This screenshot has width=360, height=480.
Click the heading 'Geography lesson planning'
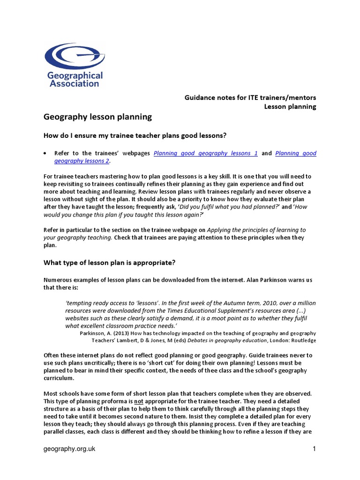click(x=98, y=117)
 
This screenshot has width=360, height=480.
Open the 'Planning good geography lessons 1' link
click(x=206, y=153)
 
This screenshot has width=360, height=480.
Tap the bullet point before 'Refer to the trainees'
click(x=45, y=153)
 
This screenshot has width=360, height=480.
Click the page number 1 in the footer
click(x=315, y=449)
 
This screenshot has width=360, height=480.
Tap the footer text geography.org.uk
click(x=69, y=449)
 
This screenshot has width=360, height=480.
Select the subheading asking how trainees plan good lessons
click(x=135, y=136)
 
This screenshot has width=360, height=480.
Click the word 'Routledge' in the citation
click(x=303, y=340)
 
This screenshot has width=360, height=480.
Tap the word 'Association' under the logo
click(x=74, y=83)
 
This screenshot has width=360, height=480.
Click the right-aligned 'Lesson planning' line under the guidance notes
click(x=290, y=106)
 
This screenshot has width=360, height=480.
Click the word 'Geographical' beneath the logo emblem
click(x=74, y=75)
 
